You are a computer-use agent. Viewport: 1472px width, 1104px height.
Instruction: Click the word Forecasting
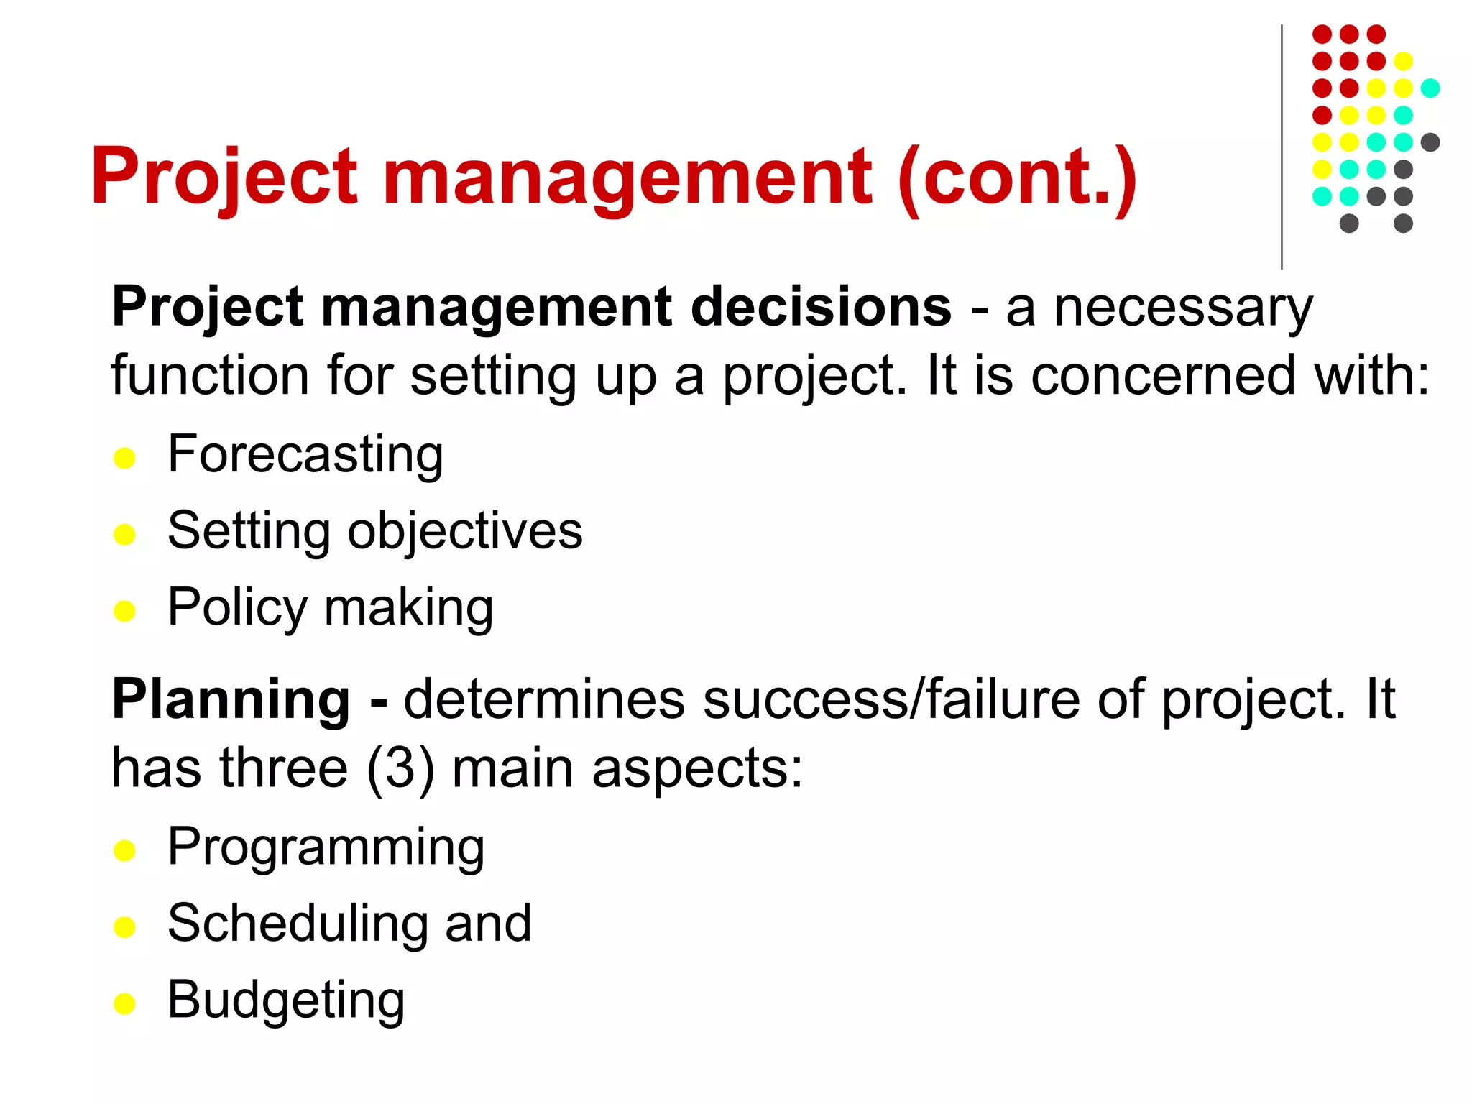click(x=305, y=456)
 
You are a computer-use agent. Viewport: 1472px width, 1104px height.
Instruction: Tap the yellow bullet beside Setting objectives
click(x=124, y=535)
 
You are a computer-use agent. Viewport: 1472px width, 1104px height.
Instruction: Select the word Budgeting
click(x=286, y=1000)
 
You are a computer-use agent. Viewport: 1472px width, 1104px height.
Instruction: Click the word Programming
click(x=326, y=848)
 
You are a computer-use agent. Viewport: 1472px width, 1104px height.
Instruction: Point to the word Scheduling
click(x=300, y=924)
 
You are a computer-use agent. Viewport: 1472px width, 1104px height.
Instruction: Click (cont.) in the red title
click(x=1017, y=178)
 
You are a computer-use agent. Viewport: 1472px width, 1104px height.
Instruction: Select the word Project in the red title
click(x=224, y=178)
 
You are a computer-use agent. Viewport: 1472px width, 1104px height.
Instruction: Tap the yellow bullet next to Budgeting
click(x=124, y=1003)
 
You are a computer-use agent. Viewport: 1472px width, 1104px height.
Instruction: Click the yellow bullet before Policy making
click(x=124, y=612)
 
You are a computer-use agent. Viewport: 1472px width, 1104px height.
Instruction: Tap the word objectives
click(x=465, y=532)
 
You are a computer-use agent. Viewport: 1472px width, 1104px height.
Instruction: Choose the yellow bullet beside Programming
click(x=124, y=851)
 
